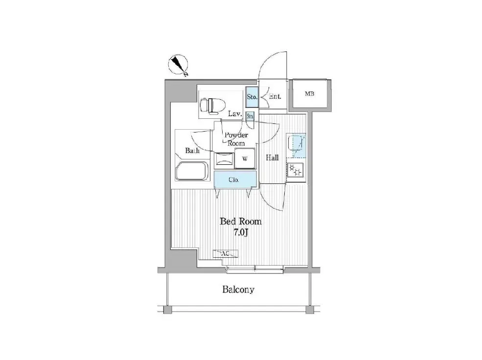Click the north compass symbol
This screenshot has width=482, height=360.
pyautogui.click(x=178, y=65)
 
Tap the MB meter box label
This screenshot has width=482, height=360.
pyautogui.click(x=310, y=94)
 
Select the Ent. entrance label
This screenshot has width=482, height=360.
pyautogui.click(x=275, y=96)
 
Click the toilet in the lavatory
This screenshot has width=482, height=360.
pyautogui.click(x=212, y=106)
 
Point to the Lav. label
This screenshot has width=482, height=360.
pyautogui.click(x=235, y=114)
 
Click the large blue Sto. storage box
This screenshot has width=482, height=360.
pyautogui.click(x=252, y=97)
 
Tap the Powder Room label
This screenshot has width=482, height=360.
pyautogui.click(x=236, y=139)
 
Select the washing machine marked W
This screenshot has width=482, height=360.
pyautogui.click(x=245, y=158)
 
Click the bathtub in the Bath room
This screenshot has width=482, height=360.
pyautogui.click(x=192, y=171)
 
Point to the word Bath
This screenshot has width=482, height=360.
pyautogui.click(x=192, y=151)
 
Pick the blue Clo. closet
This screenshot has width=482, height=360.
pyautogui.click(x=235, y=180)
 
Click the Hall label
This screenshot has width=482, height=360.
pyautogui.click(x=273, y=158)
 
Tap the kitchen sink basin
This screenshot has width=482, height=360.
pyautogui.click(x=295, y=144)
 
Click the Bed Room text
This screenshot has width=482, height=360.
pyautogui.click(x=241, y=222)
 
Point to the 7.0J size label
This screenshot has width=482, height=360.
pyautogui.click(x=241, y=232)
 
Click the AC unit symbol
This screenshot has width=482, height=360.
pyautogui.click(x=226, y=254)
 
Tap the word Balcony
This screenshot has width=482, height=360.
pyautogui.click(x=238, y=290)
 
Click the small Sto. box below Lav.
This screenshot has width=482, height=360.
pyautogui.click(x=250, y=116)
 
